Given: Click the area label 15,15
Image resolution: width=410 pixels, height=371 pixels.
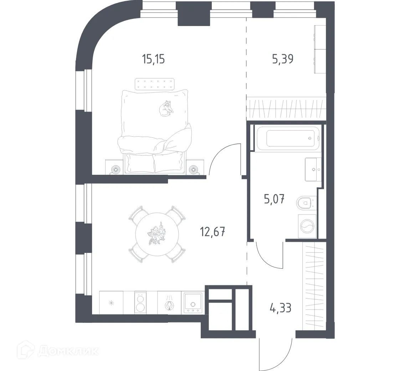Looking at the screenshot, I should [x=153, y=59].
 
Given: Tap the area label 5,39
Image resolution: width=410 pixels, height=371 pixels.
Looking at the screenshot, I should [x=283, y=59].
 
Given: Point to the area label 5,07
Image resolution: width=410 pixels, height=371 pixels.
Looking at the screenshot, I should [x=274, y=199].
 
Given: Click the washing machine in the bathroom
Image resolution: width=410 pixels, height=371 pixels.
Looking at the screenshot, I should [x=307, y=226].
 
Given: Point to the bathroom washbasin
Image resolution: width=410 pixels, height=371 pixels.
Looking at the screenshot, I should [x=313, y=169].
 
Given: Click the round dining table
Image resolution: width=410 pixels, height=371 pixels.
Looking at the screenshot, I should [x=157, y=234].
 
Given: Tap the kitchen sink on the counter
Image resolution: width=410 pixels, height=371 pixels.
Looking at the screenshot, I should [x=193, y=303].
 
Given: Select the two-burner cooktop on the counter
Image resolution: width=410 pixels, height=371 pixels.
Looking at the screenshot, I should [x=140, y=303].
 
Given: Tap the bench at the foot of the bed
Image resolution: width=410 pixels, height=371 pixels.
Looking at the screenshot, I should [x=155, y=84].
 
